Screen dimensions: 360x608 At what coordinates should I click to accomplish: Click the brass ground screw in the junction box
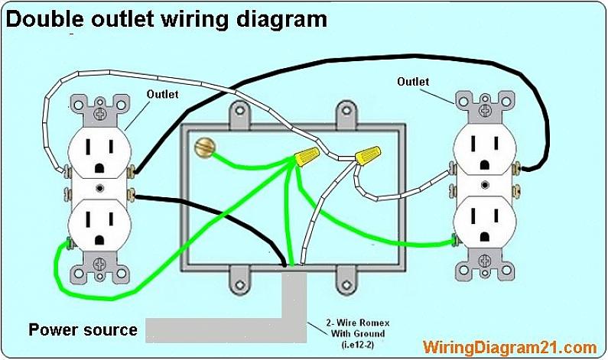(x=204, y=145)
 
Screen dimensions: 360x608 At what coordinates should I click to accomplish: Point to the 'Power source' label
(x=83, y=330)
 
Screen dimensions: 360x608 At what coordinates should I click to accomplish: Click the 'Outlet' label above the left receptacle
(x=162, y=95)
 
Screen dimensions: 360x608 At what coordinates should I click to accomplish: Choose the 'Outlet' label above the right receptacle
(x=413, y=82)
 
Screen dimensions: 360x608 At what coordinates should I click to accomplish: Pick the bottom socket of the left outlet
(x=99, y=225)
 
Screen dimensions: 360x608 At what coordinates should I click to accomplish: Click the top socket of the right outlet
(x=484, y=146)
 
